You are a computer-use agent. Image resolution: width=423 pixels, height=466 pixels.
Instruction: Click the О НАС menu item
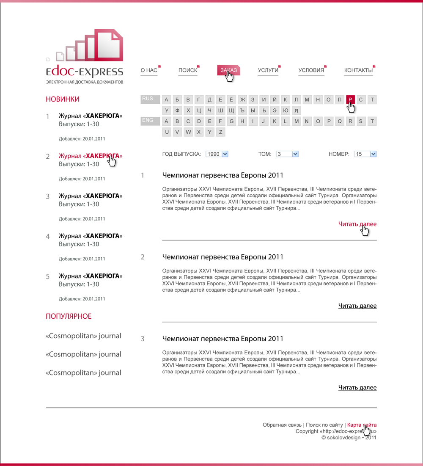(149, 70)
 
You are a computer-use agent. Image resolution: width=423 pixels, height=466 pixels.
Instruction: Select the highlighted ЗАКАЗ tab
(228, 70)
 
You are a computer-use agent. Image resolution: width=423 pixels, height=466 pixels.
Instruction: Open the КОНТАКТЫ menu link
(358, 70)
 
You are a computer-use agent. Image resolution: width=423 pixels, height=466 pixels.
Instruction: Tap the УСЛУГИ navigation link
(268, 70)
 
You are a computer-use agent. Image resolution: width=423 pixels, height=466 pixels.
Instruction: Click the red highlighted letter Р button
(350, 100)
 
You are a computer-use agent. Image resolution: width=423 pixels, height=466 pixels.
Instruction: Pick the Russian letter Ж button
(242, 100)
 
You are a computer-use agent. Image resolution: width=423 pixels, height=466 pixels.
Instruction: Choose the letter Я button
(297, 111)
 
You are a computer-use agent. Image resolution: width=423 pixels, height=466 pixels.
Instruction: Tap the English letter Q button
(340, 121)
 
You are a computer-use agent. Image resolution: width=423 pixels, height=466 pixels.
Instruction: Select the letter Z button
(220, 132)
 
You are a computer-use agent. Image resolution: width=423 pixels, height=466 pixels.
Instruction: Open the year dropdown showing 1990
(217, 154)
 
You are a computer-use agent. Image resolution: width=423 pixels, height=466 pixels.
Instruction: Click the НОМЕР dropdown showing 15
(365, 154)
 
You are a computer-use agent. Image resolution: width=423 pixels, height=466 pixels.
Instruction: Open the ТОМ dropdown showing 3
(287, 154)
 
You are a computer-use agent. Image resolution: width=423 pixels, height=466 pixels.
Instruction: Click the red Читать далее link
(357, 224)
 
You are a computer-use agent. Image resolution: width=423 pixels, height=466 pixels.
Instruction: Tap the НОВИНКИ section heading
(63, 99)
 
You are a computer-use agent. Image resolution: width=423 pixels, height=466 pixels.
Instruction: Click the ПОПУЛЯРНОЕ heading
(69, 316)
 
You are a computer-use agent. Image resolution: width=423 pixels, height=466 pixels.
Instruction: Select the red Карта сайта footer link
(362, 425)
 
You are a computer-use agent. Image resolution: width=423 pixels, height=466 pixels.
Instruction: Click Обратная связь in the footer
(282, 425)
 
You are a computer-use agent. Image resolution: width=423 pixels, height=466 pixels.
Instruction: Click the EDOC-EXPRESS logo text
(85, 72)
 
